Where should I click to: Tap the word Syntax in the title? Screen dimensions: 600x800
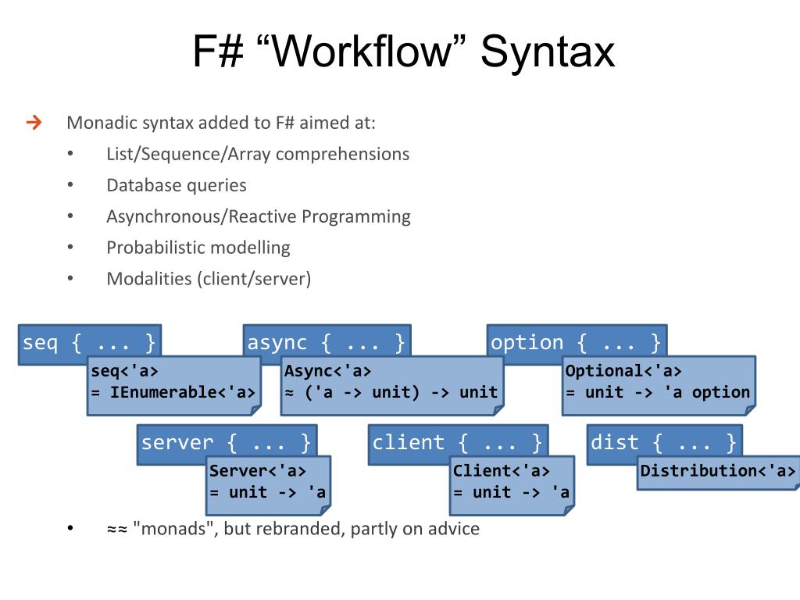[547, 52]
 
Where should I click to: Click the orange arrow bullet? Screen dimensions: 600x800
[34, 123]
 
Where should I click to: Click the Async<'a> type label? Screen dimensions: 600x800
[327, 371]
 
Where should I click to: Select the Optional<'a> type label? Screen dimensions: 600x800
[623, 371]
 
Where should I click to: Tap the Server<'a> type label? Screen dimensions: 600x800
[257, 470]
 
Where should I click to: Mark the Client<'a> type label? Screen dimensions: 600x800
[501, 470]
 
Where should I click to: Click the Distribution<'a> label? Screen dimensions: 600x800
[718, 470]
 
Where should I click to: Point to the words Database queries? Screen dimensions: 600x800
[177, 185]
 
